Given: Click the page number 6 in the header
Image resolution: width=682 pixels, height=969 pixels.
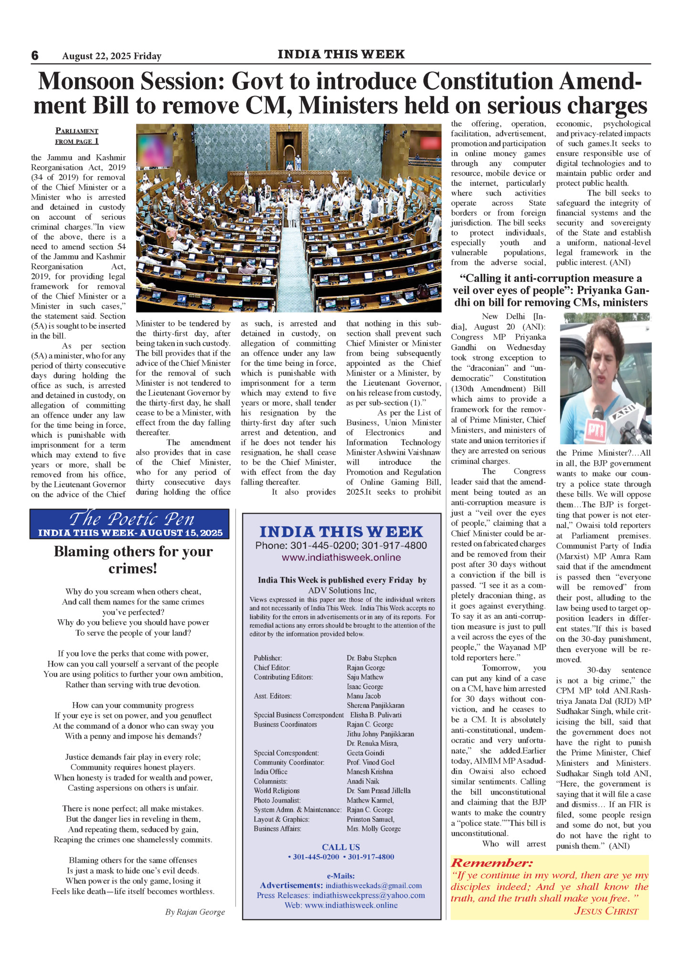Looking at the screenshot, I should tap(35, 55).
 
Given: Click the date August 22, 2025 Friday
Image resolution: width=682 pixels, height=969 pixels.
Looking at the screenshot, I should tap(112, 56).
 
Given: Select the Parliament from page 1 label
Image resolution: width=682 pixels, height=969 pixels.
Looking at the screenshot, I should tap(77, 136).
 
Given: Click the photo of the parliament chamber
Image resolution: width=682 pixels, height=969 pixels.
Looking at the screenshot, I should tap(288, 218).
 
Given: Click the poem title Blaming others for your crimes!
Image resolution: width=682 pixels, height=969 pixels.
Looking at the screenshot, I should tap(133, 560).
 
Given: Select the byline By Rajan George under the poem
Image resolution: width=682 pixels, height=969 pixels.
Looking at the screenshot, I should tap(195, 912).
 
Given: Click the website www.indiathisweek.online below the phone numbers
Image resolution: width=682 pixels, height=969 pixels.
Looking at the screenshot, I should tap(341, 557).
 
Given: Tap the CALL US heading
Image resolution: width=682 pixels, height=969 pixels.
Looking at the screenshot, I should tap(341, 847).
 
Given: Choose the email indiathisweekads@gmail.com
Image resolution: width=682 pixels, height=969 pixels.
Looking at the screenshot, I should tap(373, 885).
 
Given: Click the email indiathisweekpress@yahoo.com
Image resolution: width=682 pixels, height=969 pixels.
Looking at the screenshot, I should tap(369, 895).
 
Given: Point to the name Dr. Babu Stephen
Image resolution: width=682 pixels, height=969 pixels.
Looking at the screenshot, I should tap(371, 658).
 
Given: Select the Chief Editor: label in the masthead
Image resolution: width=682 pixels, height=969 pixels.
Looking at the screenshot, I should tap(272, 668).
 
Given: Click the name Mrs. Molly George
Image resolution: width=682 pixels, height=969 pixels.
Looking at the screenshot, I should tap(373, 829).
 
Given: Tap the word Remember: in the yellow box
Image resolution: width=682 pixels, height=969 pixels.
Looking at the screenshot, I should tap(491, 862).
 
